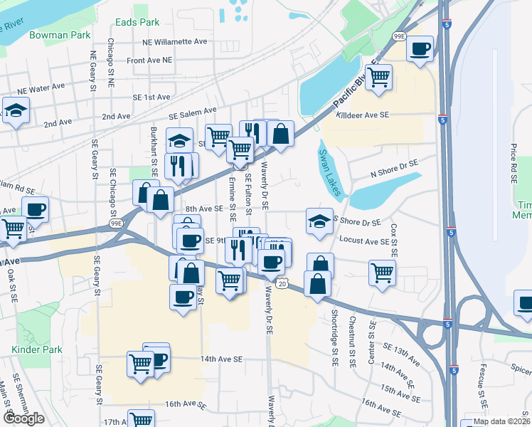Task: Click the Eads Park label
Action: (x=139, y=22)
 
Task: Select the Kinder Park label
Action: (x=37, y=349)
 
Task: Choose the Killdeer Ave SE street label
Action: (x=363, y=115)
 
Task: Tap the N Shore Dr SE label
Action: (x=394, y=169)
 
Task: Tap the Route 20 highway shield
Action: (x=282, y=284)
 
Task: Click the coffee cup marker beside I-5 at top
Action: (x=420, y=49)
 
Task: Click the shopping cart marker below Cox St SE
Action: (x=383, y=271)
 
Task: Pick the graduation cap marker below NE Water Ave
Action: (x=15, y=111)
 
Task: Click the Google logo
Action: (x=23, y=418)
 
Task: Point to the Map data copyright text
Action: (x=501, y=421)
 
